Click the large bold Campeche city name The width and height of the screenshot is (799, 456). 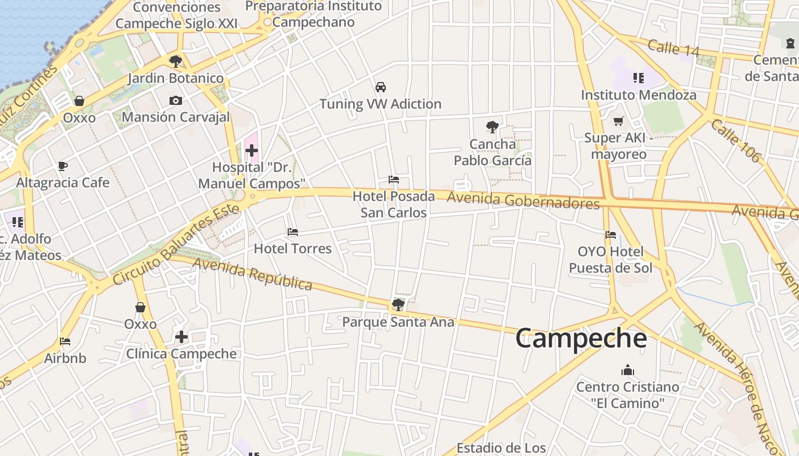[581, 339]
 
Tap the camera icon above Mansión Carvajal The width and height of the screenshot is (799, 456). [176, 101]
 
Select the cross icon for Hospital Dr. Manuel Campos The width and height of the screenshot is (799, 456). [252, 150]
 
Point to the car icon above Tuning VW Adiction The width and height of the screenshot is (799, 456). [381, 87]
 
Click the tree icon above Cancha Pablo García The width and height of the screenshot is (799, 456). [492, 127]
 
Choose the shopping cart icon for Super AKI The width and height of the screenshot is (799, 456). [618, 121]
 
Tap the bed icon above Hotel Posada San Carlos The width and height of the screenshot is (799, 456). [394, 180]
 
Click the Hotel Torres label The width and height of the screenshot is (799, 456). [293, 249]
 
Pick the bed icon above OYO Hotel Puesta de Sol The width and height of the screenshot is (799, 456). [611, 234]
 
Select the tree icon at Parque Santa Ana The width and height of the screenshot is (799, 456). [398, 305]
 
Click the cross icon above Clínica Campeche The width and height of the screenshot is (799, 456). [181, 337]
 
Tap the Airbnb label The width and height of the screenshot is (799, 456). [65, 359]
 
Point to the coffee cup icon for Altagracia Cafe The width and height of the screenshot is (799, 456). [63, 166]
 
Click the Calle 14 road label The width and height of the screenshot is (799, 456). [673, 48]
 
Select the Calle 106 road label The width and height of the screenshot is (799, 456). [736, 141]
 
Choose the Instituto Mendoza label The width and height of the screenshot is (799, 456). [639, 95]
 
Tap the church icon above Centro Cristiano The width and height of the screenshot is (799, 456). [628, 370]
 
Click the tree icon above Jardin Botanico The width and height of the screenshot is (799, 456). [176, 61]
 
